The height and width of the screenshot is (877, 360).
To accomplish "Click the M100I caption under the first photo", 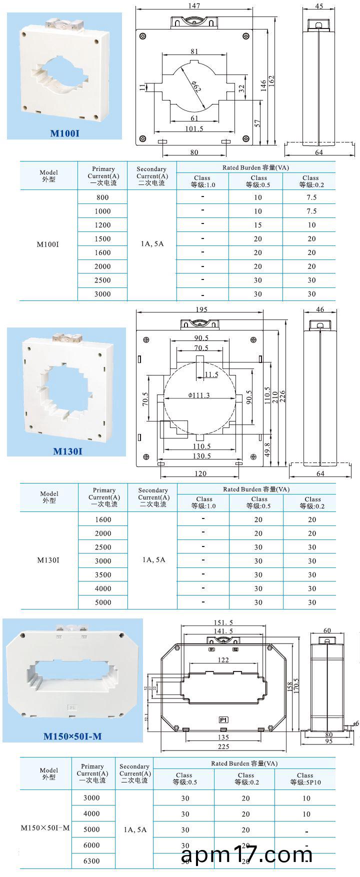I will (x=65, y=133).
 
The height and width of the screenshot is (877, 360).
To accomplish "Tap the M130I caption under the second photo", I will (x=67, y=451).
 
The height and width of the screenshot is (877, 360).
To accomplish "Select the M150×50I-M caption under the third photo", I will (x=72, y=736).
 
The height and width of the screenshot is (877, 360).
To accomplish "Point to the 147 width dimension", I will (x=194, y=6).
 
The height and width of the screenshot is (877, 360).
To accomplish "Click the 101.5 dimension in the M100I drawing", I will (x=194, y=128).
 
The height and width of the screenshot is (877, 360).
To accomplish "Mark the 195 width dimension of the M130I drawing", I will (x=201, y=310).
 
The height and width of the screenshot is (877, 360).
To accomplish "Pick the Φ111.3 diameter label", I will (x=199, y=395).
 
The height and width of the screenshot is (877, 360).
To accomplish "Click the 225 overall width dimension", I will (x=223, y=746).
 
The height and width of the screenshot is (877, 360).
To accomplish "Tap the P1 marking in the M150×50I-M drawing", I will (x=223, y=720).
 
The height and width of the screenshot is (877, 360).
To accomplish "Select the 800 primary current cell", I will (x=102, y=197).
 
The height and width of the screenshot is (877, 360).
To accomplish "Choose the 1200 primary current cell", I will (x=102, y=225).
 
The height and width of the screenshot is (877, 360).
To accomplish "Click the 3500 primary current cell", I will (x=103, y=574).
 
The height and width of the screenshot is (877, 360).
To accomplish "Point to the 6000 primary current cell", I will (x=91, y=845).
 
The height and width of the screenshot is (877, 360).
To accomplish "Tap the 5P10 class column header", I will (x=305, y=778).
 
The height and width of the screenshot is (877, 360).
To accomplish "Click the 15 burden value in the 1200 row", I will (x=257, y=225).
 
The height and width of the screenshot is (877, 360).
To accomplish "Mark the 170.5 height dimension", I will (x=296, y=688).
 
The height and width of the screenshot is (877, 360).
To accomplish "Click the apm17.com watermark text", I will (x=246, y=854).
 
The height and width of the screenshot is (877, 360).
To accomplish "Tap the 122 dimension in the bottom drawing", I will (x=223, y=660).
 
